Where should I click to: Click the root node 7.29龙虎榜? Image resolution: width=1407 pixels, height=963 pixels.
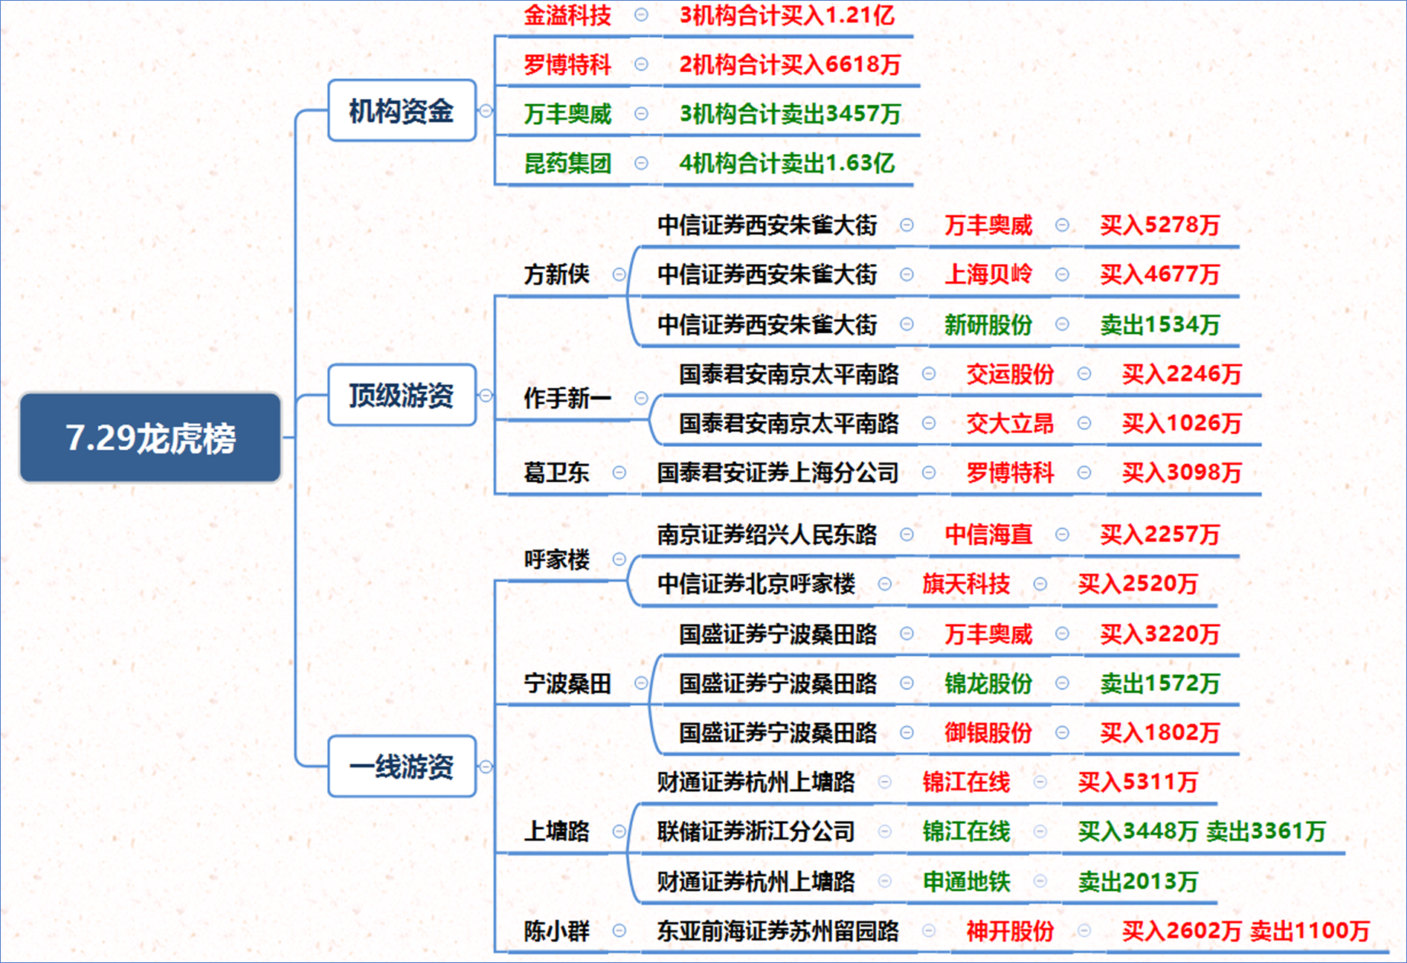(x=150, y=437)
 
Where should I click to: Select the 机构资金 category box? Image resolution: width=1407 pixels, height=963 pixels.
(x=402, y=111)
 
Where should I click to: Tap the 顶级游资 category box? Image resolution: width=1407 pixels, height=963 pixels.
(x=402, y=395)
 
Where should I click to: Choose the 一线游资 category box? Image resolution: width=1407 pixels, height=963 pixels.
(x=402, y=766)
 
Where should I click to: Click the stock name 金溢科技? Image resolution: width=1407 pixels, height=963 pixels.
(x=567, y=15)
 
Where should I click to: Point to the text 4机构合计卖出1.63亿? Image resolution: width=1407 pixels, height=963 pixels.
(x=787, y=163)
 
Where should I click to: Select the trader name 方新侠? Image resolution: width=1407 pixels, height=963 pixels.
(x=556, y=274)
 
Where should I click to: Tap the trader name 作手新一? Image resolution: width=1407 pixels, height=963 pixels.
(x=567, y=398)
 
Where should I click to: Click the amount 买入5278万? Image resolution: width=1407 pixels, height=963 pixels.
(x=1160, y=225)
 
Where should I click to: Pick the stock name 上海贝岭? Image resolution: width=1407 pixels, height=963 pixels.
(x=988, y=274)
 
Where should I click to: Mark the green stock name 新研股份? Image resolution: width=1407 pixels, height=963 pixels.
(x=988, y=324)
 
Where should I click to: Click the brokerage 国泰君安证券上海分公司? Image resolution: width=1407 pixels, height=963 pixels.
(x=778, y=472)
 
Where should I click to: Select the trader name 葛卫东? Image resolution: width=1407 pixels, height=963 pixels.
(x=556, y=472)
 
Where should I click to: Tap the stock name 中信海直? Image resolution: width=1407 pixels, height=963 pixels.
(x=988, y=534)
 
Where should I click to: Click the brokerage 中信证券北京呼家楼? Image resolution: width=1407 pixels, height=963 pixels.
(x=756, y=584)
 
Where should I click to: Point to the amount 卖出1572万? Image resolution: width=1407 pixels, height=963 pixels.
(x=1160, y=683)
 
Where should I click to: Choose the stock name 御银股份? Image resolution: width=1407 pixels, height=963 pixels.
(x=988, y=732)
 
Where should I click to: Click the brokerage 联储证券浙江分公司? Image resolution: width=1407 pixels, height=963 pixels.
(x=756, y=831)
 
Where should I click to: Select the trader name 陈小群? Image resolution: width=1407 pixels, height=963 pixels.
(x=556, y=931)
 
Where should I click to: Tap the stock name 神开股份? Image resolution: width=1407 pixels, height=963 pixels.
(x=1010, y=931)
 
